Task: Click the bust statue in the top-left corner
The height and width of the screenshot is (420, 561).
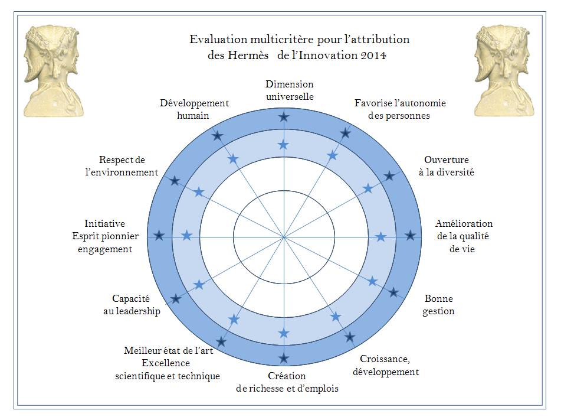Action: coord(54,71)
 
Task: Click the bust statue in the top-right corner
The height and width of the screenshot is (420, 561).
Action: coord(504,71)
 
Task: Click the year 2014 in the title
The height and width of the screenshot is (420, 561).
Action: coord(373,56)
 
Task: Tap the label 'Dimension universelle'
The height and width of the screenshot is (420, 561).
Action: coord(290,90)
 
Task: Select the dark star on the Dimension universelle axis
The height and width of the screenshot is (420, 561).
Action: coord(284,117)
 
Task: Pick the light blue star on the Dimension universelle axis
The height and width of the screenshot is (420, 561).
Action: coord(284,145)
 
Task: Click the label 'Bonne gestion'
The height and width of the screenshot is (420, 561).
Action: coord(439,305)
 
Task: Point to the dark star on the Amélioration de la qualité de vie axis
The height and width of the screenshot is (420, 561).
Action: coord(411,236)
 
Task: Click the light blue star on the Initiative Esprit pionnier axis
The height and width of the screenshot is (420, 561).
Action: coord(187,236)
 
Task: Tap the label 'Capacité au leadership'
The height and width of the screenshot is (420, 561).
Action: coord(132,305)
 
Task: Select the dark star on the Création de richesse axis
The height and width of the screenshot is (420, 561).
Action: coord(284,358)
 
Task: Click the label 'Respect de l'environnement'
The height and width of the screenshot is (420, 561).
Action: coord(122,166)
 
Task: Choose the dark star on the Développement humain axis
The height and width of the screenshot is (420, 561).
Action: coord(218,136)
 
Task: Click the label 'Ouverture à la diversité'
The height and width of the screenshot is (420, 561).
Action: coord(447,166)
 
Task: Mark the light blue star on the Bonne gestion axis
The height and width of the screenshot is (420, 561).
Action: coord(373,281)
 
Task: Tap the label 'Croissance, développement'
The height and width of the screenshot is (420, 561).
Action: coord(386,366)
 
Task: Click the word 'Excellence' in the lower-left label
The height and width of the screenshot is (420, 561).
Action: coord(166,363)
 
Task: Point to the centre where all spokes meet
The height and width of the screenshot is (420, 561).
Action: coord(284,237)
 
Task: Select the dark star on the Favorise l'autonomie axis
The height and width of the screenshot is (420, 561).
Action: coord(345,134)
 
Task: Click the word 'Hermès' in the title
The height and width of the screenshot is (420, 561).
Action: coord(248,56)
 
